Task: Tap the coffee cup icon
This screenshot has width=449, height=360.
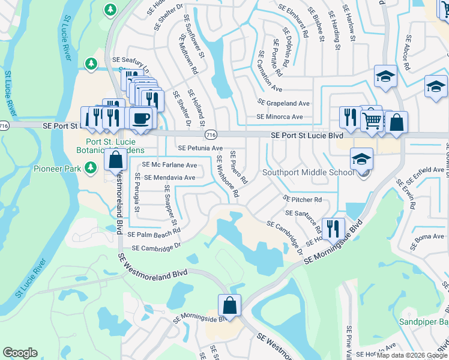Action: coord(141,117)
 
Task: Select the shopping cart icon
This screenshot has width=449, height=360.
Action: coord(372,121)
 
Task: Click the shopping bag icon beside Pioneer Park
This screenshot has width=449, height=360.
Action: coord(115,160)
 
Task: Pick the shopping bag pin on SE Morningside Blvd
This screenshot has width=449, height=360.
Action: coord(229,305)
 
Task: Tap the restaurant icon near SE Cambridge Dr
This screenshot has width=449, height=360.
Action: coord(333,228)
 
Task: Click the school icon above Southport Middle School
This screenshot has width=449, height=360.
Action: coord(361,159)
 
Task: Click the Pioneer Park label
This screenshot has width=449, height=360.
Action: coord(56,169)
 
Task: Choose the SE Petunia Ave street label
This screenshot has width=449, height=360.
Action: coord(200,148)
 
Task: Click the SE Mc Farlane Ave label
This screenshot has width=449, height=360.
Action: coord(169,165)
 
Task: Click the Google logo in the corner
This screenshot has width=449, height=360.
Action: coord(20,353)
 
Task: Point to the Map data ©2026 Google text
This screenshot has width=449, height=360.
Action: coord(412,355)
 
